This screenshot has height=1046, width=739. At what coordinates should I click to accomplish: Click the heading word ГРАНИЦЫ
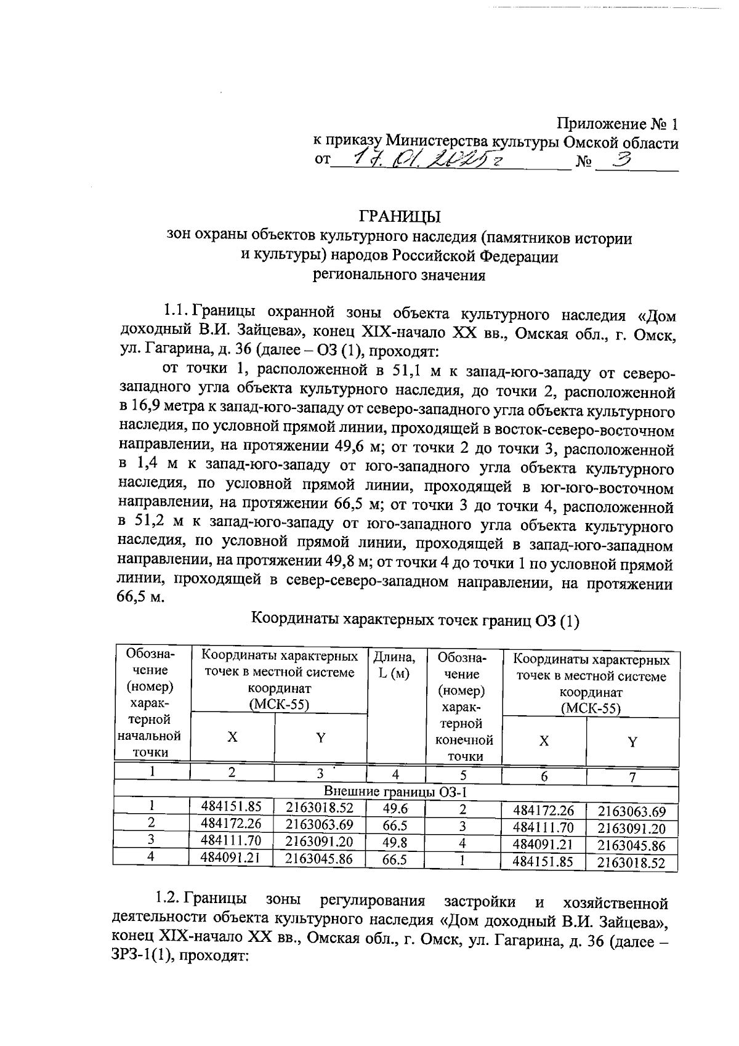click(x=400, y=216)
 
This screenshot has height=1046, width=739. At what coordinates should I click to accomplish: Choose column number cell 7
click(x=632, y=777)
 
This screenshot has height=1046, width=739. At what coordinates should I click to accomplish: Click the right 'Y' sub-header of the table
click(x=632, y=742)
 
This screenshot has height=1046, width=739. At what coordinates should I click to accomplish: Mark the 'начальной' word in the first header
click(x=150, y=736)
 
